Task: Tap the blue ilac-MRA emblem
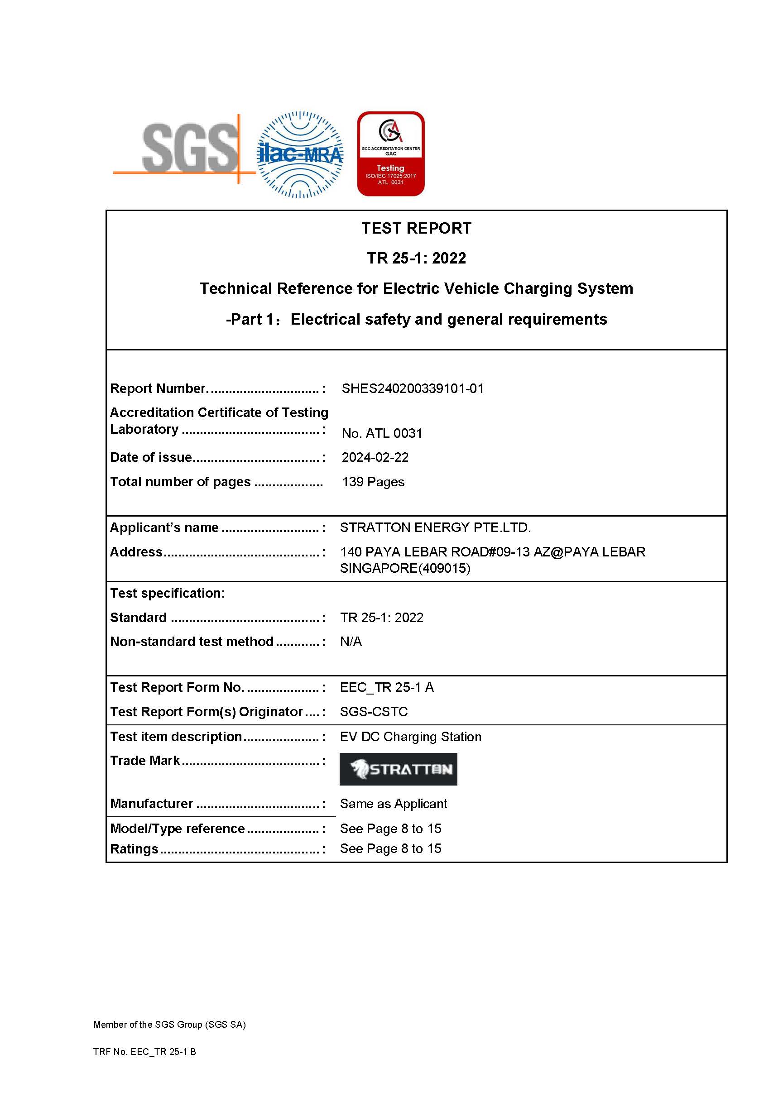click(x=300, y=154)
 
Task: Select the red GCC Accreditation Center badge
click(x=390, y=154)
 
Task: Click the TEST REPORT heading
click(x=417, y=228)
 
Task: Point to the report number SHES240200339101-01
click(x=413, y=388)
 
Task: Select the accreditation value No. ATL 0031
click(x=382, y=433)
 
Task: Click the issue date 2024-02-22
click(x=375, y=458)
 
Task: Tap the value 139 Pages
click(x=373, y=482)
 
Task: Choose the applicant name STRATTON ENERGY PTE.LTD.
click(x=435, y=528)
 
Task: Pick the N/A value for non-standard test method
click(x=351, y=642)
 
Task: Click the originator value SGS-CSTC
click(x=374, y=712)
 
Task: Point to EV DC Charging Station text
click(x=411, y=737)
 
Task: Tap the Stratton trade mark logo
click(x=398, y=769)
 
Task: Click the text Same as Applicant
click(x=394, y=804)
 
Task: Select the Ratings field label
click(x=134, y=849)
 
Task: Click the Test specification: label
click(x=167, y=594)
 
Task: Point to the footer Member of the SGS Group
click(x=170, y=1025)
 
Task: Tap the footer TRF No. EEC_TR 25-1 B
click(x=144, y=1052)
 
